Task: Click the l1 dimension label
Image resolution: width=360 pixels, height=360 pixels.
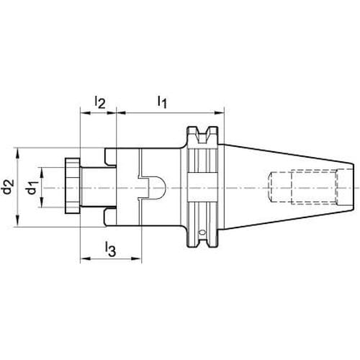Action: (162, 102)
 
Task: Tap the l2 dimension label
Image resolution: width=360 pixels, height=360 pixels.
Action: (100, 102)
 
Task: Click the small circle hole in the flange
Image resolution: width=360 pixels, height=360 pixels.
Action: (203, 233)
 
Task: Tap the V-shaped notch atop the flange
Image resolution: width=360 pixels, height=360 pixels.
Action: (202, 135)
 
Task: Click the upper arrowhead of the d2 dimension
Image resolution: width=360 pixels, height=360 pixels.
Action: (17, 153)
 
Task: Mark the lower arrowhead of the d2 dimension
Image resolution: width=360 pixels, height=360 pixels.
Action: (17, 221)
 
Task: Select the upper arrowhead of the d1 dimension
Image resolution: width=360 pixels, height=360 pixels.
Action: (42, 173)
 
